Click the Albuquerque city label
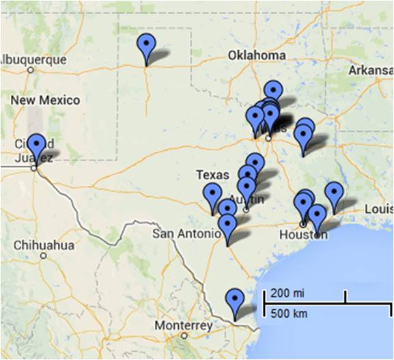coord(33,59)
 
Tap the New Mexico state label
coord(45,100)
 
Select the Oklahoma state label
coord(257,55)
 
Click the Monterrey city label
coord(183,325)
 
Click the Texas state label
coord(212,175)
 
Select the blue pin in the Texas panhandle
coord(145,46)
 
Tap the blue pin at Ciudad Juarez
coord(36,146)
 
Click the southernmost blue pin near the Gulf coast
coord(235,301)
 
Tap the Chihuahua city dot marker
coord(43,255)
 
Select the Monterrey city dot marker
coord(183,335)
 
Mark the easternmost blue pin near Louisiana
coord(333,193)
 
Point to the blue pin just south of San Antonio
coord(227,226)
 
